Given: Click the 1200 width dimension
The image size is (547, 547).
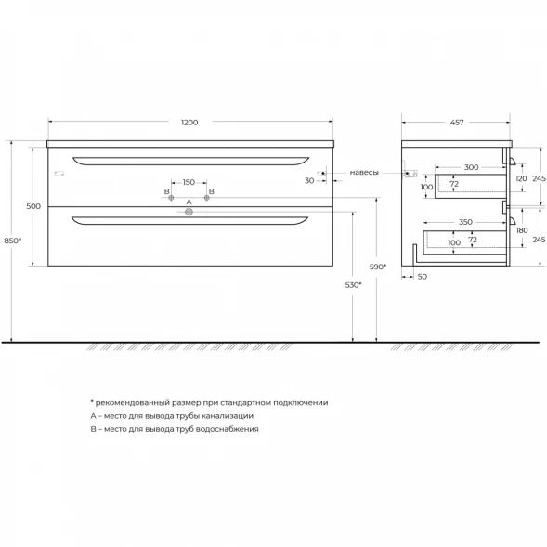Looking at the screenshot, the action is coord(189,123).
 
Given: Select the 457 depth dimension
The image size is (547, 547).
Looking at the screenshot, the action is coord(457,123).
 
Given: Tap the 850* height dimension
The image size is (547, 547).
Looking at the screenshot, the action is coord(13,241).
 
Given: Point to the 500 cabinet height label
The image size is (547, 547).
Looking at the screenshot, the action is coord(33,206).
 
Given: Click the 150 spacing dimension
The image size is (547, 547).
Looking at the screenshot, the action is coord(189,182).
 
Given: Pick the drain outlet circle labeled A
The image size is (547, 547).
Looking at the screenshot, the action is coord(189,212).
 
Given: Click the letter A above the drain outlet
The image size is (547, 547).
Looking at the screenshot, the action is coord(189,202).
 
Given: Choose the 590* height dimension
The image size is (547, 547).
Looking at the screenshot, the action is coord(378,267).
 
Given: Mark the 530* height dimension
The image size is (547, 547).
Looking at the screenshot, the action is coord(354,285).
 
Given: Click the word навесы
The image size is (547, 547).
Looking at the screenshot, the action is coord(364,173).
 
